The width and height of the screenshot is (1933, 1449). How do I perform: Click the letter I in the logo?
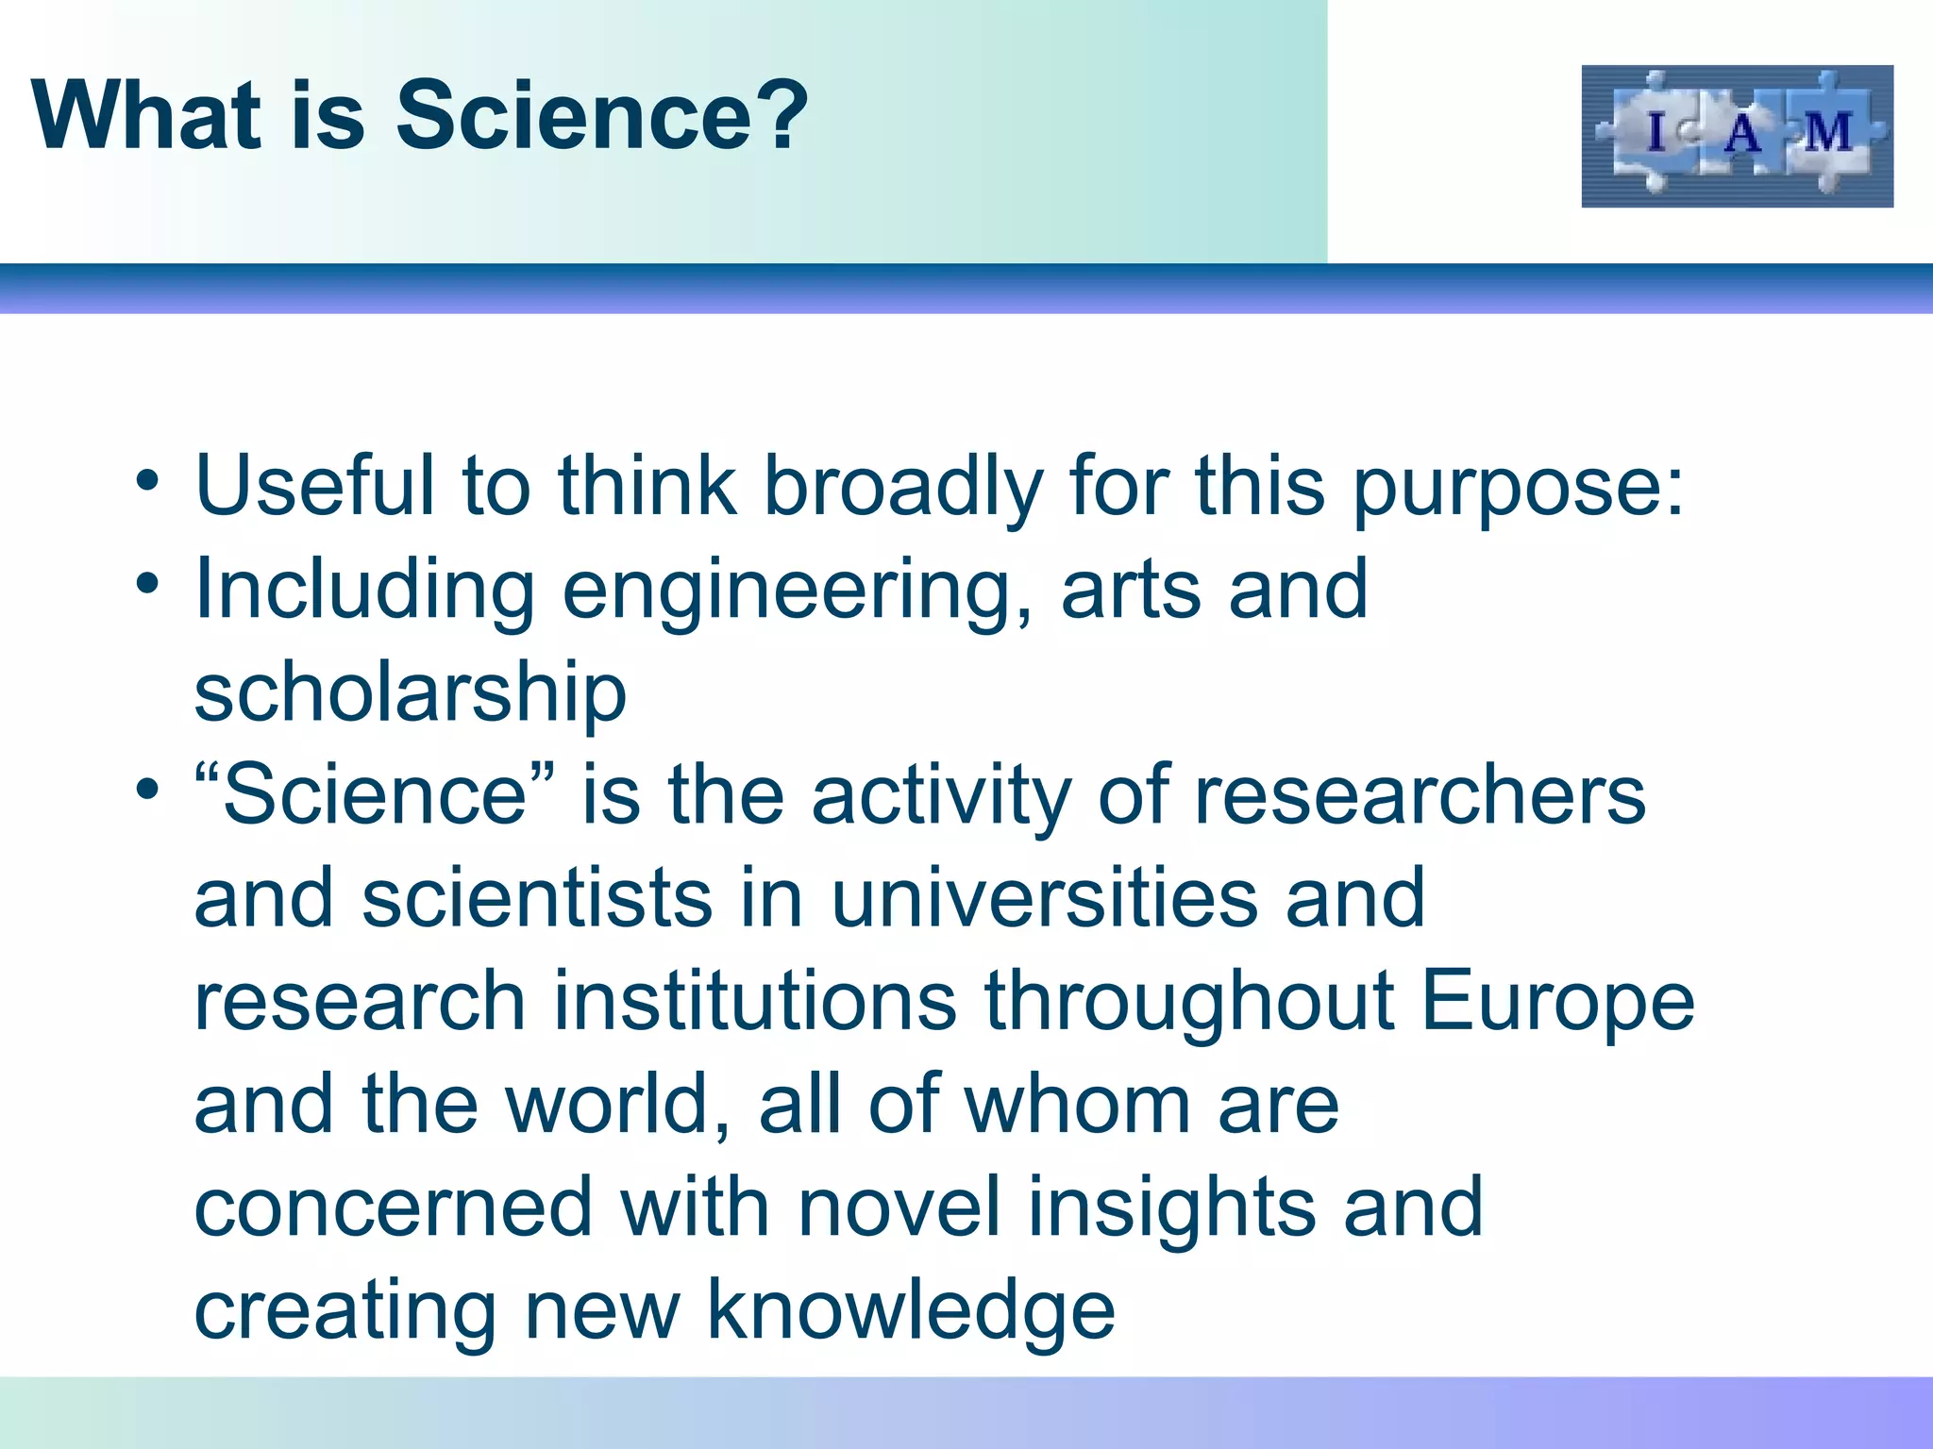(x=1656, y=132)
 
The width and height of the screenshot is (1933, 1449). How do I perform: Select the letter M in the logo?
(x=1828, y=132)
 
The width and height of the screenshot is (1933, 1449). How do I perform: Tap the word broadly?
(x=902, y=488)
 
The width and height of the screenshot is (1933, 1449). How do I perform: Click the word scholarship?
(x=411, y=693)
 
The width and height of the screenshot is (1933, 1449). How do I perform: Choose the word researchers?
(x=1420, y=795)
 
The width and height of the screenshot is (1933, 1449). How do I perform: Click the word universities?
(x=1044, y=898)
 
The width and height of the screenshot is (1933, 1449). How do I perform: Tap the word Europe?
(x=1557, y=1002)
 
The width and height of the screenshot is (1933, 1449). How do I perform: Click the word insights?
(x=1171, y=1207)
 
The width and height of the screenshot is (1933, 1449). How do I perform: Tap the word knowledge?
(x=911, y=1311)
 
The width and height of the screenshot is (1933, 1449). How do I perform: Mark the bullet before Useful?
(x=147, y=480)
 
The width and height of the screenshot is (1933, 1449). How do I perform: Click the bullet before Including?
(x=147, y=583)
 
